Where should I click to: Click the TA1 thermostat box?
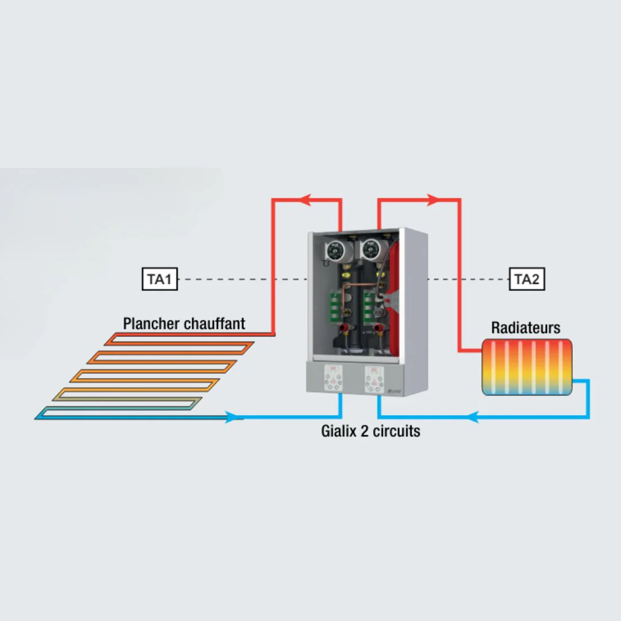[x=160, y=279]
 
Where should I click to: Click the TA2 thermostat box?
[x=527, y=279]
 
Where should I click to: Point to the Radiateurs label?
[x=526, y=328]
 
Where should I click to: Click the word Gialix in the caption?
[x=339, y=431]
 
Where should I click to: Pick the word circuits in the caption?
[x=396, y=431]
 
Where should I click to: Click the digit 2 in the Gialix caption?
[x=365, y=431]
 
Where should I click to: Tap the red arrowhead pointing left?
[x=305, y=200]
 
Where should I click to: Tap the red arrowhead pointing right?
[x=434, y=200]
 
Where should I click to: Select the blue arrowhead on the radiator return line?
[x=473, y=417]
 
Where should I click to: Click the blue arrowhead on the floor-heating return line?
[x=232, y=417]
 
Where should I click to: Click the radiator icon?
[x=527, y=367]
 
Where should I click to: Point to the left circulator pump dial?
[x=335, y=250]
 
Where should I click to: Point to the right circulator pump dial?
[x=371, y=250]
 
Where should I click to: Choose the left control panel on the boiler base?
[x=333, y=378]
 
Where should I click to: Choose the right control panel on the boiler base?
[x=374, y=380]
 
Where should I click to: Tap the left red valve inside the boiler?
[x=344, y=328]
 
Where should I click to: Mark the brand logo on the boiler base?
[x=395, y=392]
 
